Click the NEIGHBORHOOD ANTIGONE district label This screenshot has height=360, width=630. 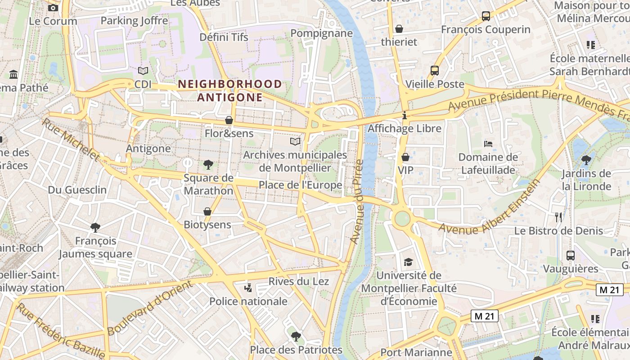230,90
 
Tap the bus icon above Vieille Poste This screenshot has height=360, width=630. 434,71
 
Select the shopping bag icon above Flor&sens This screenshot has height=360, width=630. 229,120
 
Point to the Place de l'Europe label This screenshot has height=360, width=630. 300,185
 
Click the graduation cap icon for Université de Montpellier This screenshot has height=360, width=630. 408,262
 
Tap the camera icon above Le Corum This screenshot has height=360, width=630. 53,8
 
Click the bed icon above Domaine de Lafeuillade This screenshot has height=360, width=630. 488,144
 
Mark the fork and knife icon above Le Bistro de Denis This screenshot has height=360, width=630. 558,217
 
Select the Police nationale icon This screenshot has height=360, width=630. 248,288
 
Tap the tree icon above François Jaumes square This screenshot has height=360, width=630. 95,228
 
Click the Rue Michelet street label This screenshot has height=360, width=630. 71,139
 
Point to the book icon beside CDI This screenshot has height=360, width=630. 143,71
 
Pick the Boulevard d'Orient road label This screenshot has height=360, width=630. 150,307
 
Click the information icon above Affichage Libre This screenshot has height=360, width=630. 405,116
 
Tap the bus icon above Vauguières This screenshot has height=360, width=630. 571,256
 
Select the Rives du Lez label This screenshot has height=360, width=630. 299,281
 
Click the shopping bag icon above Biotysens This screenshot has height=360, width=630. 207,211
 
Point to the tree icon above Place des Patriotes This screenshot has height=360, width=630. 296,336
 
